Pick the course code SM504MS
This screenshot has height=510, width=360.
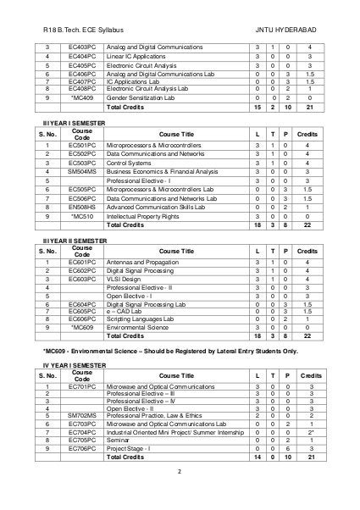pyautogui.click(x=82, y=170)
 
